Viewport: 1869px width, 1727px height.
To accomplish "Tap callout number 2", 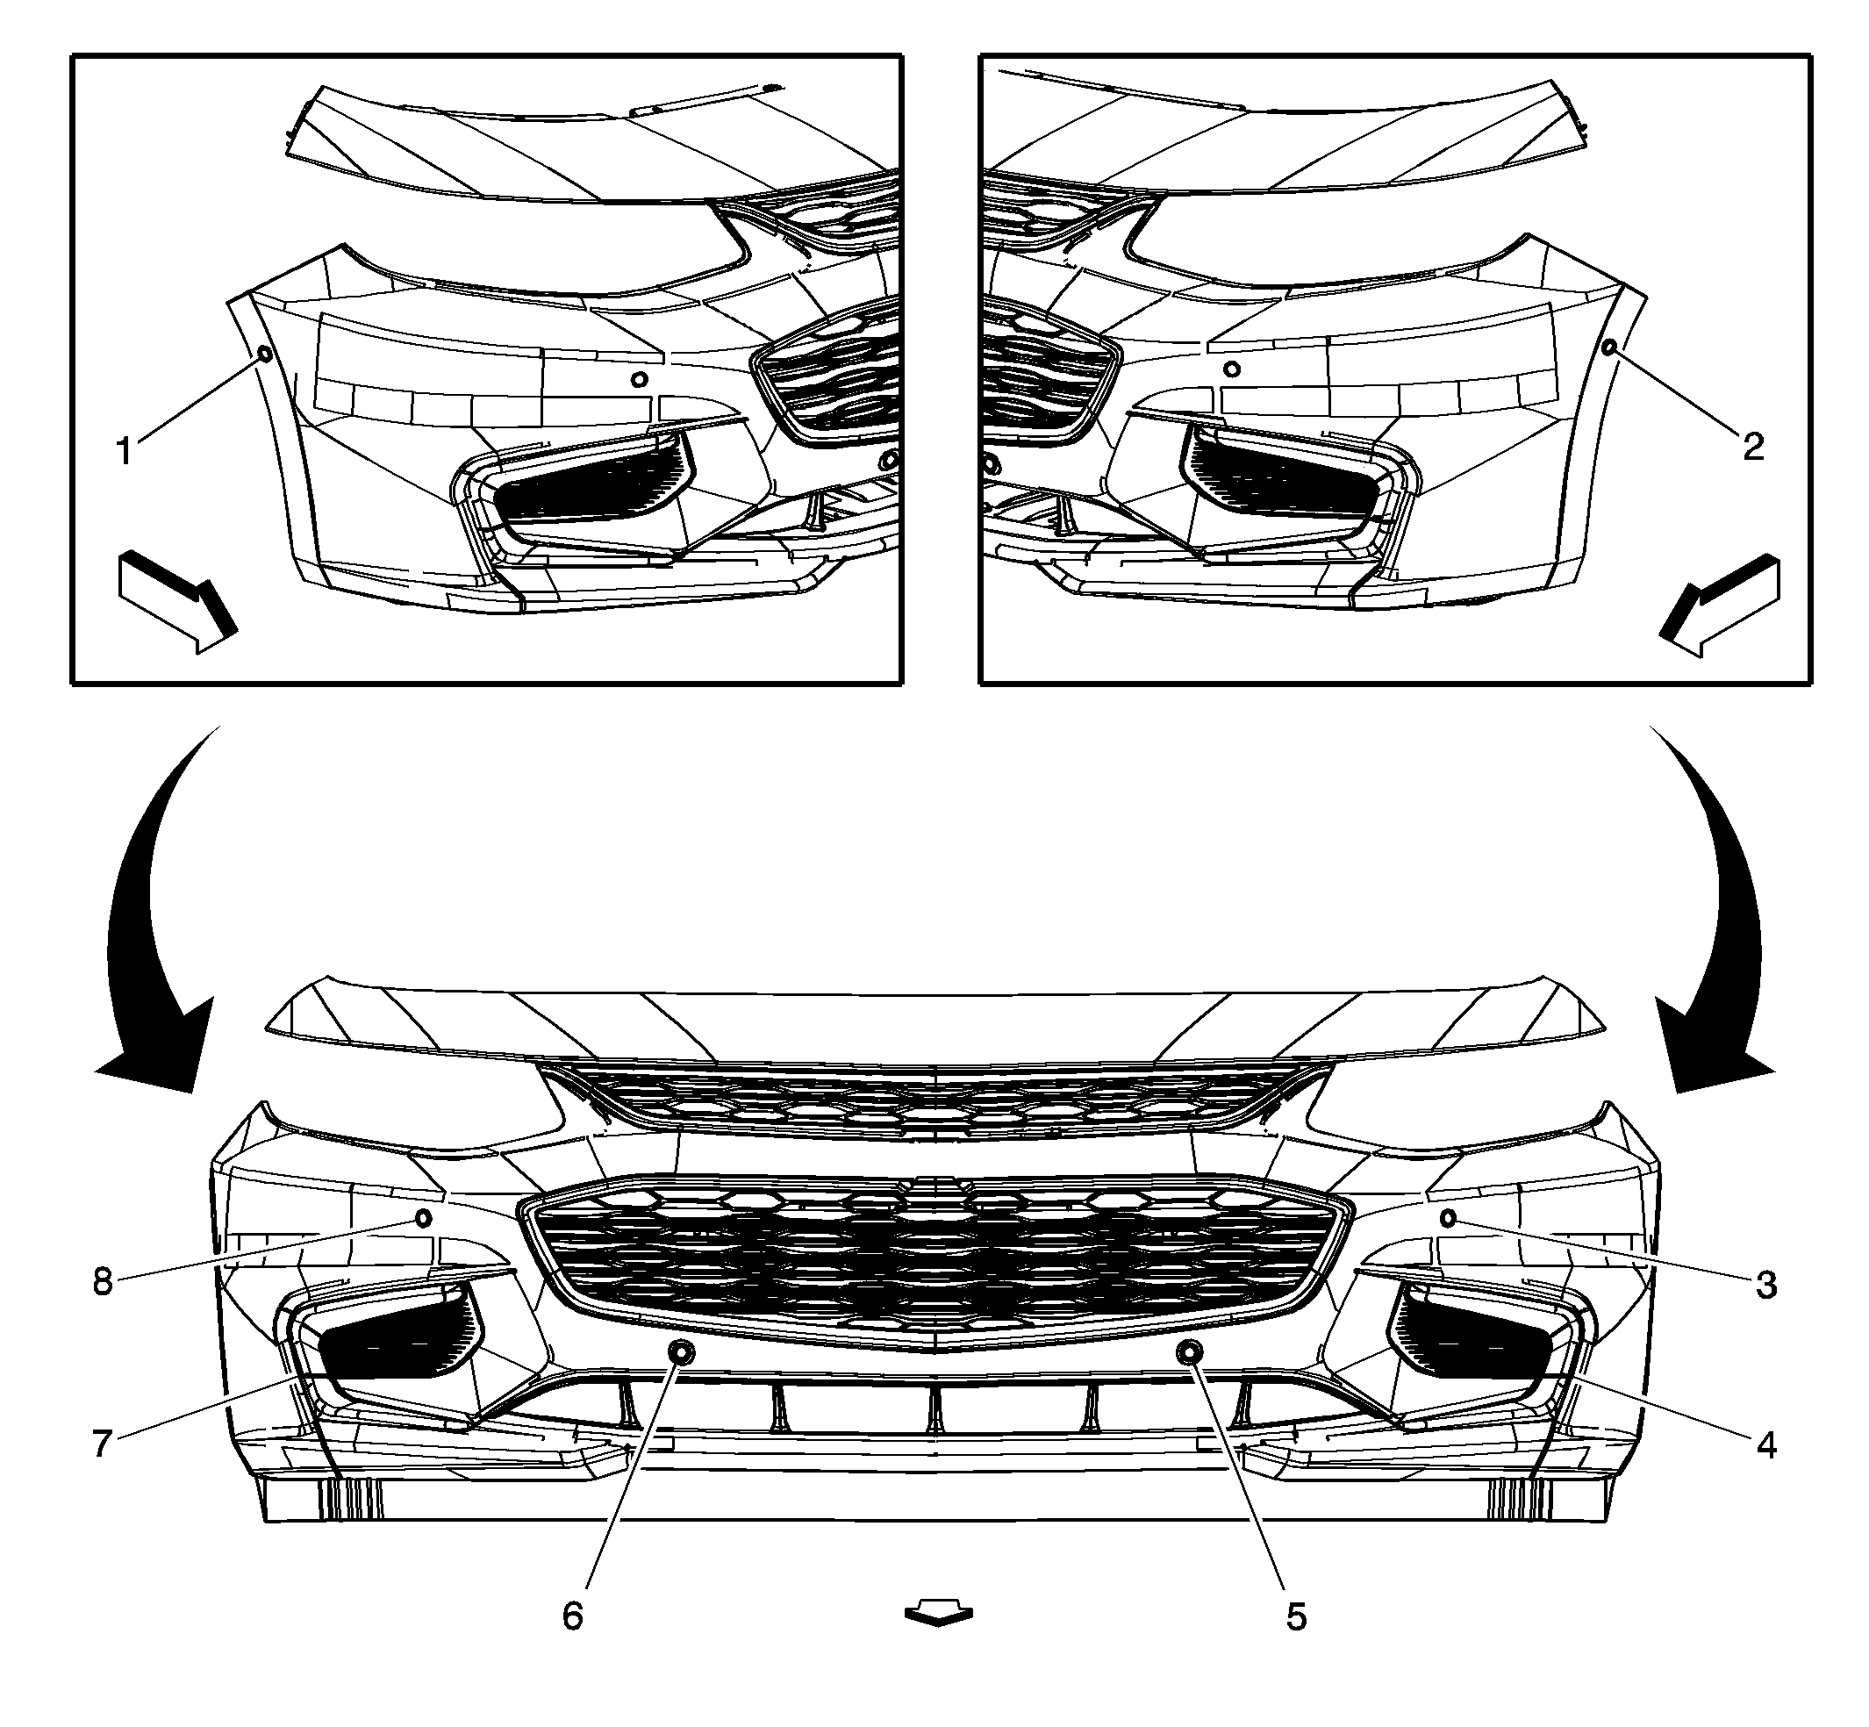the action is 1753,447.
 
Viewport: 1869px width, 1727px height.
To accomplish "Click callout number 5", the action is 1296,1616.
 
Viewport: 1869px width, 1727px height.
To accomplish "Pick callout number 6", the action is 573,1616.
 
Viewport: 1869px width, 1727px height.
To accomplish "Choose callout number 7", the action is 103,1444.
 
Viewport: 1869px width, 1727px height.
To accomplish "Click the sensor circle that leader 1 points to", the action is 264,355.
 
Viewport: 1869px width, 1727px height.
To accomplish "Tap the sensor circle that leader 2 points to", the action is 1609,348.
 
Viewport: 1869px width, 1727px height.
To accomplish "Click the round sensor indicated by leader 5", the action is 1190,1352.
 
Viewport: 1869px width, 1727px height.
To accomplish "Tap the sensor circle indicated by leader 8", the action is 422,1218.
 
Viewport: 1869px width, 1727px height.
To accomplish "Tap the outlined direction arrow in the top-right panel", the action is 1720,604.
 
